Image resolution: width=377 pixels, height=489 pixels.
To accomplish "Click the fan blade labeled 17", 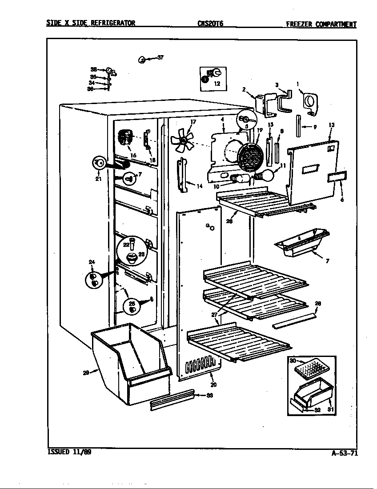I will [x=182, y=139].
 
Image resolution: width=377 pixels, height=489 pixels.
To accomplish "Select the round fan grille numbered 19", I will [x=249, y=156].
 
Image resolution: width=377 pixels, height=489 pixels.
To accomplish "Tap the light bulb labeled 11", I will [x=268, y=175].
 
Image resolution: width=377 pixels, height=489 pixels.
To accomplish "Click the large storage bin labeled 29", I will [x=129, y=362].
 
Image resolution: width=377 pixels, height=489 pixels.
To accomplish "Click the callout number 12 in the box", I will [x=217, y=83].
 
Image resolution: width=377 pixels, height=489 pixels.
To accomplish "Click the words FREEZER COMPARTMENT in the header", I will [x=321, y=24].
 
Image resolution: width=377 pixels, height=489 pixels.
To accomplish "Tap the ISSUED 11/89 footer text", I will [x=69, y=452].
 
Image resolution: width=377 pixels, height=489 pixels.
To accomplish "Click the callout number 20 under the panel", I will [x=213, y=385].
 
